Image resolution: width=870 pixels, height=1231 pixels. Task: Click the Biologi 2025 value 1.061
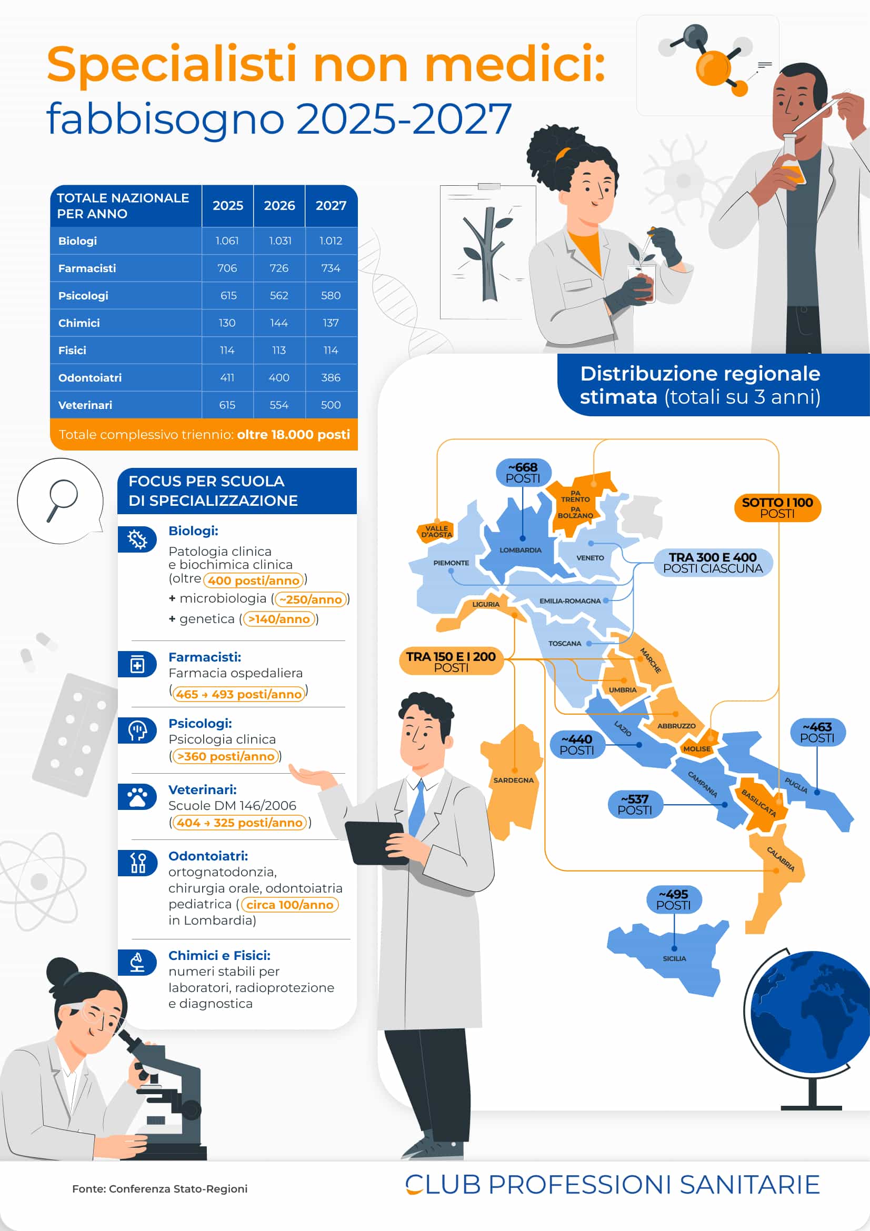coord(227,241)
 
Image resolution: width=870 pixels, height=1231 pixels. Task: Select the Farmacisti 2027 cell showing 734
coord(331,268)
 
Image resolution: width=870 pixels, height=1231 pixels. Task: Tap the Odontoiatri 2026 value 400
coord(279,377)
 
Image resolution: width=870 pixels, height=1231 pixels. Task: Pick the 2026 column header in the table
coord(279,205)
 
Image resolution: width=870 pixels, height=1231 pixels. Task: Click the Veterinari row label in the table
coord(85,405)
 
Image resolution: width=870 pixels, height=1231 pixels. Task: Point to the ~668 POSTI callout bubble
coord(523,472)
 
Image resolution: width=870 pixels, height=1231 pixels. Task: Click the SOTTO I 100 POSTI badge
coord(777,507)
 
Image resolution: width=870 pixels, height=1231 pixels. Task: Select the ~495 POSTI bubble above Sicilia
coord(673,899)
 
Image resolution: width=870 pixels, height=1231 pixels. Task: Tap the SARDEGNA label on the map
coord(513,780)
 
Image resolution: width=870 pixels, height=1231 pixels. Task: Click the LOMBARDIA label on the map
coord(520,550)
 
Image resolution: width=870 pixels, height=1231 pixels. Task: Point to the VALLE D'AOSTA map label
coord(436,532)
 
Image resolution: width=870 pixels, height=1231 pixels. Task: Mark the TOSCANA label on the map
coord(564,643)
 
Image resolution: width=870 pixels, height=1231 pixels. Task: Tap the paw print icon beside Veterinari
coord(137,797)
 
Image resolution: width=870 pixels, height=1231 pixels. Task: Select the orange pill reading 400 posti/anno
coord(254,580)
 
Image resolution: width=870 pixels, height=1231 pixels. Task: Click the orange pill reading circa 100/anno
coord(289,905)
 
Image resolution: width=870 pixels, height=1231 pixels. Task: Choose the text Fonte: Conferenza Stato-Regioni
coord(160,1189)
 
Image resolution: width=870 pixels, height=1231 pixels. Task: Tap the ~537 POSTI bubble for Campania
coord(635,805)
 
